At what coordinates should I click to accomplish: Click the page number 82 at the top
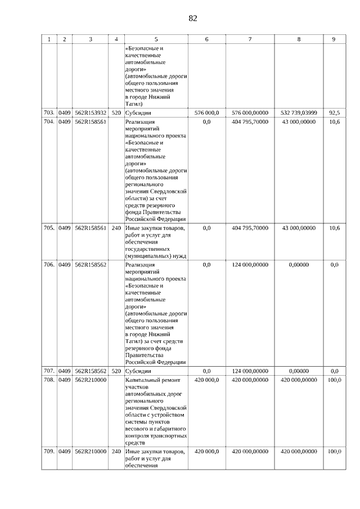pos(192,18)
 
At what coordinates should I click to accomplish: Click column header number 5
pos(156,39)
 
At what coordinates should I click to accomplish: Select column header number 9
pos(334,39)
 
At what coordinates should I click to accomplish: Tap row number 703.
pos(49,112)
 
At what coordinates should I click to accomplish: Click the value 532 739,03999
pos(299,112)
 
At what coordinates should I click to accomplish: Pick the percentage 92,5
pos(334,112)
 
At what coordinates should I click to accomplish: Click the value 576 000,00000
pos(250,112)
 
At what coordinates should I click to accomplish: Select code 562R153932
pos(90,112)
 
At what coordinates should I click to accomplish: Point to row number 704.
pos(49,121)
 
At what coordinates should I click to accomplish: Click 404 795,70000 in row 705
pos(250,228)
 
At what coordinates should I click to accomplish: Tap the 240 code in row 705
pos(116,228)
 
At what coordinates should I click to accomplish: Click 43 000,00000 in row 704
pos(299,121)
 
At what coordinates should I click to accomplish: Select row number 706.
pos(49,264)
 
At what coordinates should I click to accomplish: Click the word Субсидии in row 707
pos(138,371)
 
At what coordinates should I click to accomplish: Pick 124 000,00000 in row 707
pos(250,371)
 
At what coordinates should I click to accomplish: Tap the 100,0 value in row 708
pos(334,380)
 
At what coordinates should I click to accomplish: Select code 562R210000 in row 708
pos(90,380)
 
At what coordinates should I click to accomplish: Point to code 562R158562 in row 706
pos(90,264)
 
